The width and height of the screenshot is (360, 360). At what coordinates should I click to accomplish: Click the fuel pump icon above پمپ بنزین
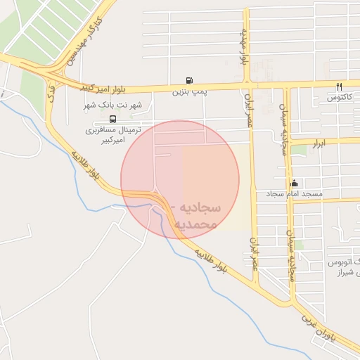click(188, 80)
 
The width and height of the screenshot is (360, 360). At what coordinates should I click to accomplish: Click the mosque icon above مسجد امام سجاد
click(293, 183)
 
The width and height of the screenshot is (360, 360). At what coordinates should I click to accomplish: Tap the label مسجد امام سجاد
click(294, 193)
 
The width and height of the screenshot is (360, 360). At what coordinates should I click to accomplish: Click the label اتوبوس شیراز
click(344, 268)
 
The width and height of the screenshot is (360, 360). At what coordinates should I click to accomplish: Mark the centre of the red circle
click(180, 180)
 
